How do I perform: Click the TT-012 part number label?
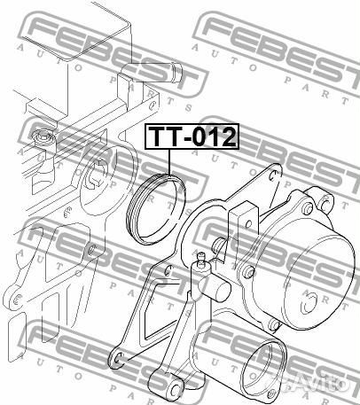click(x=191, y=137)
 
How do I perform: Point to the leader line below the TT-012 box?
click(x=168, y=163)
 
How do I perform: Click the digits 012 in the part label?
click(x=212, y=137)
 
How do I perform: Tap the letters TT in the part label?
click(x=164, y=137)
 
